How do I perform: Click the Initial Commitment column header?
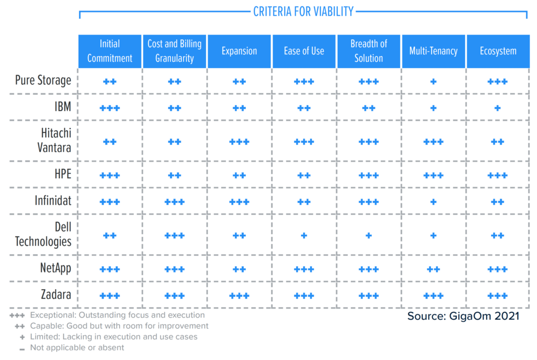110,51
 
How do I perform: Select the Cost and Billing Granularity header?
175,51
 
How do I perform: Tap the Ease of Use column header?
304,51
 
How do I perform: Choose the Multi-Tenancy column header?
433,51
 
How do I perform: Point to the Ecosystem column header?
498,51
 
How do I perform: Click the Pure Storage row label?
43,81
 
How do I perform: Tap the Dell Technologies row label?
43,234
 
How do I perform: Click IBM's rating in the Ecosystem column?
498,108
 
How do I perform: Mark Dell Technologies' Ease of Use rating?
304,235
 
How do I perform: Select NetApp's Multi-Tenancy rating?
433,269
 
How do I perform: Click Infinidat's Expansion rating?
239,202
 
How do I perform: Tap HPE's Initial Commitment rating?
110,175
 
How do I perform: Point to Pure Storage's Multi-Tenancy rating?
433,82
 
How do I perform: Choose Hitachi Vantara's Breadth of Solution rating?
369,141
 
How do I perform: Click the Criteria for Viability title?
303,11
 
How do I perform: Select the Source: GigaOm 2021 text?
463,316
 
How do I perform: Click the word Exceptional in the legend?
50,315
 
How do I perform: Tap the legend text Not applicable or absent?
77,347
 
